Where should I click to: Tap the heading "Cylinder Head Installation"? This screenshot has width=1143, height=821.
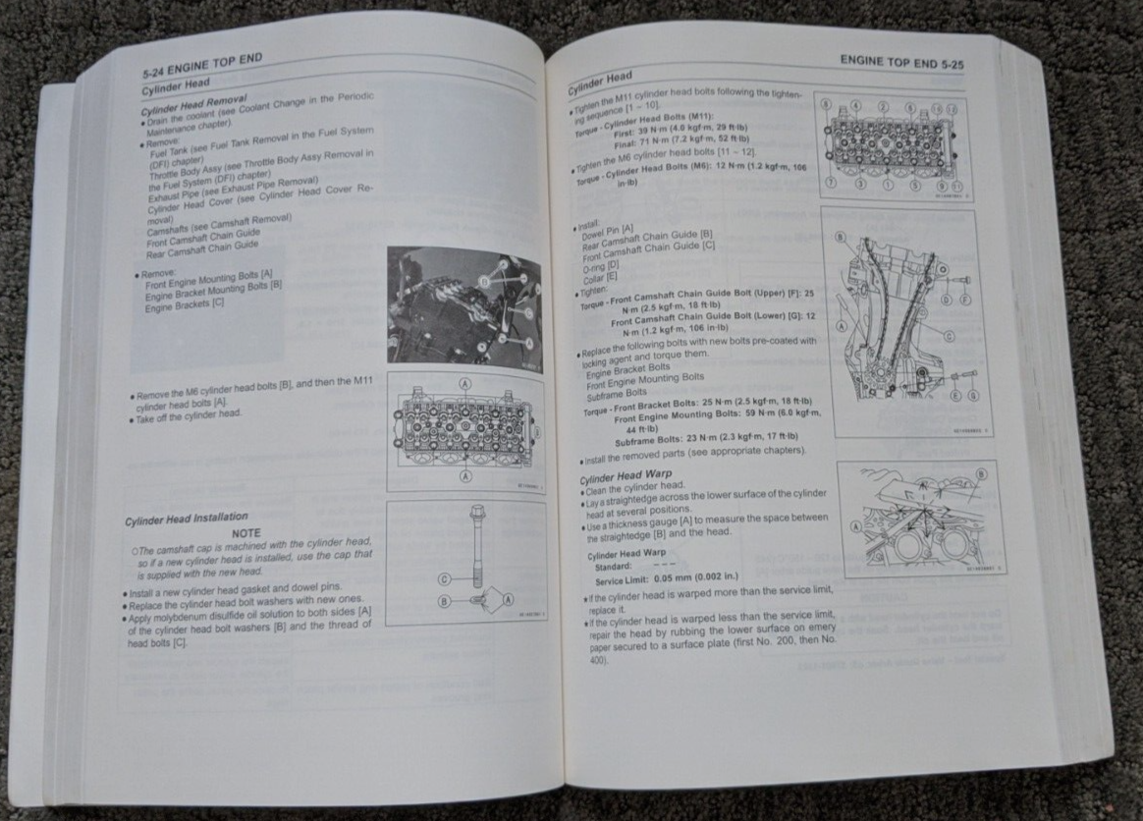pos(187,517)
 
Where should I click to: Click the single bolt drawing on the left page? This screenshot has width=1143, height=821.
pos(466,563)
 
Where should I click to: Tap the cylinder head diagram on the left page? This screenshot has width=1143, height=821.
pos(466,431)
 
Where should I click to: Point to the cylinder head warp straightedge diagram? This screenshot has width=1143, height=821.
pos(918,518)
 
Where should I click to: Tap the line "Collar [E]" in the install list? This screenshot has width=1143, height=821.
pos(600,277)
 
